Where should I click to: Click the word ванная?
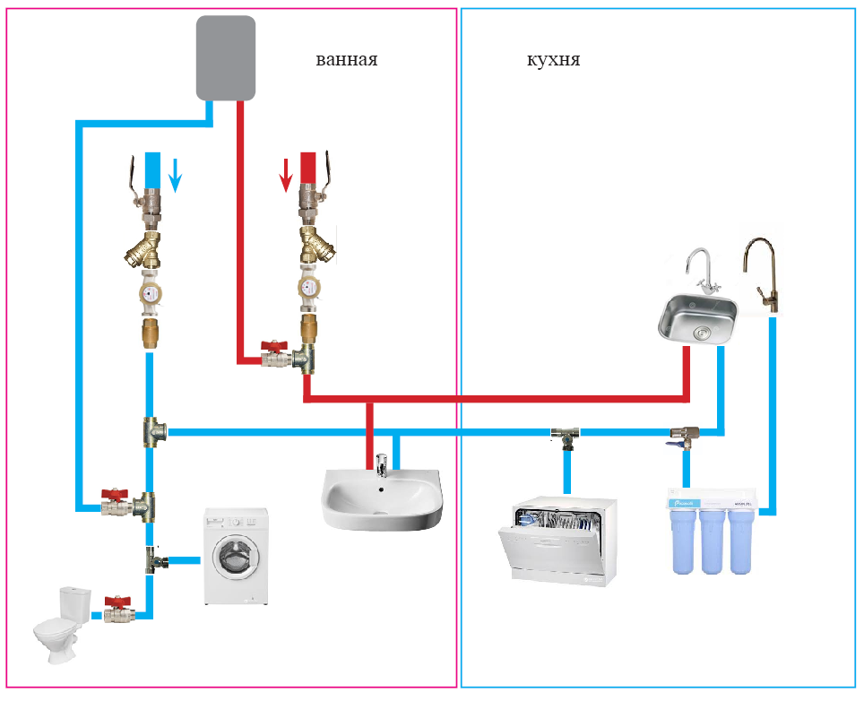[x=346, y=60]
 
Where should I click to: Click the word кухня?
[x=553, y=60]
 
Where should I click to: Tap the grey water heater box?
[x=226, y=57]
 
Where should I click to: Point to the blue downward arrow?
[x=176, y=175]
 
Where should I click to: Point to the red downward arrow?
[x=286, y=175]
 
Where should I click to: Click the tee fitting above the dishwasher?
[x=565, y=436]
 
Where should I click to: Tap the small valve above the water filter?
[x=686, y=437]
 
